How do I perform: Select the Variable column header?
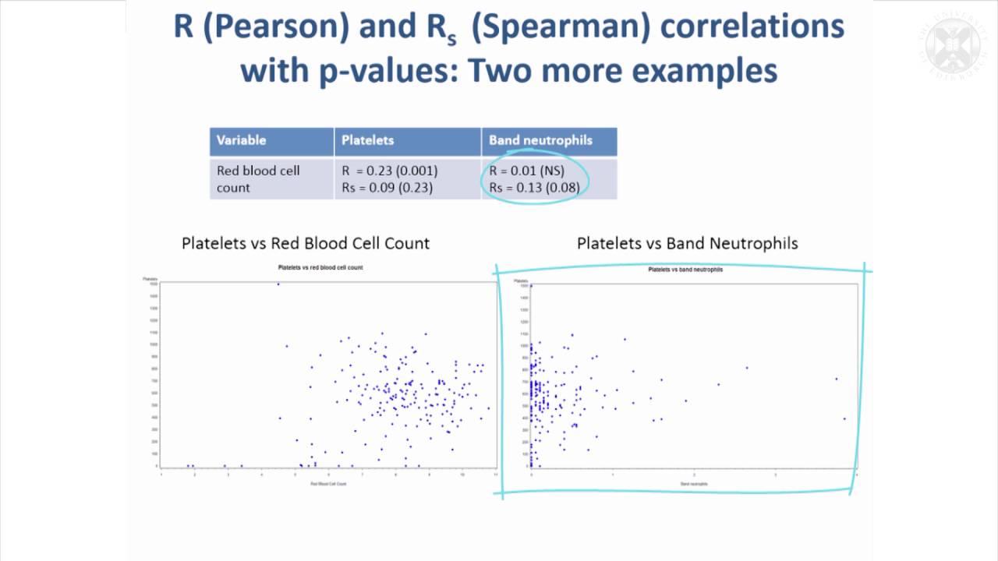click(241, 140)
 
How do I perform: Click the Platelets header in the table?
click(367, 140)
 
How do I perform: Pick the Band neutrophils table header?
click(540, 140)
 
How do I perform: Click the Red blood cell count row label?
click(257, 178)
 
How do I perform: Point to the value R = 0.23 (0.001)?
click(389, 171)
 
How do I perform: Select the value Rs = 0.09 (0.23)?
click(388, 187)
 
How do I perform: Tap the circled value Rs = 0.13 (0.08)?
click(534, 187)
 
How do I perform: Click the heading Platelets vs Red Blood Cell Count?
click(305, 243)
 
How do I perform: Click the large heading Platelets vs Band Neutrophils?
click(687, 243)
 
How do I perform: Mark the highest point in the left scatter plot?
click(278, 284)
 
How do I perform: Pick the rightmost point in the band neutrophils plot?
click(844, 418)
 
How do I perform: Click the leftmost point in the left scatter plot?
click(188, 466)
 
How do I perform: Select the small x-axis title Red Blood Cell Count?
click(327, 485)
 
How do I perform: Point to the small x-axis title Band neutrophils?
click(693, 485)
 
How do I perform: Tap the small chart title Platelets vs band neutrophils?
click(685, 270)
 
